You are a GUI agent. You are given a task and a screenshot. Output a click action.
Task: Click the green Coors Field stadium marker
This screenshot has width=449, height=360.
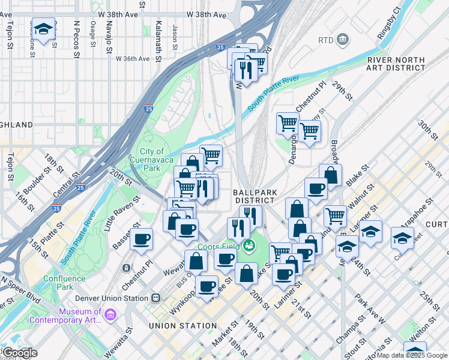(247, 245)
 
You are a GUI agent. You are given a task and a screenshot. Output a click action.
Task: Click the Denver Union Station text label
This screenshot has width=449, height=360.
(111, 298)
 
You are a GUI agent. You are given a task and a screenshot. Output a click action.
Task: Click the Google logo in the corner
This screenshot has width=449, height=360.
(19, 353)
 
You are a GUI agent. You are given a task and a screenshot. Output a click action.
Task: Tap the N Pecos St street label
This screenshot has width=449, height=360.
(76, 39)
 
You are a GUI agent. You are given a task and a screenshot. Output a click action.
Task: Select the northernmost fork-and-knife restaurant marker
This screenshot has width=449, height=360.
(246, 70)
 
